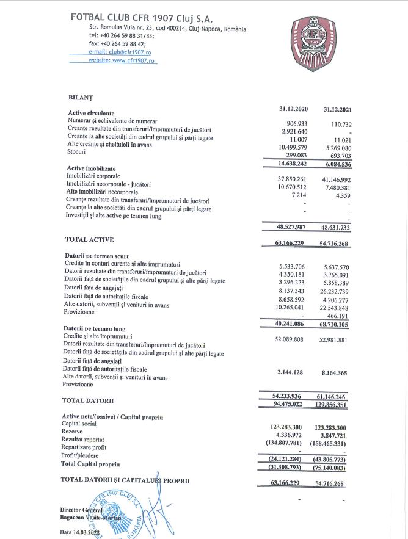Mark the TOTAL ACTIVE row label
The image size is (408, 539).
89,239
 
